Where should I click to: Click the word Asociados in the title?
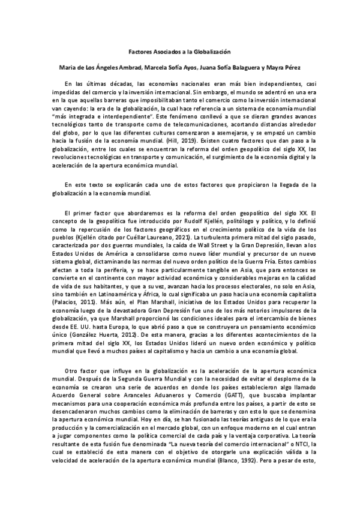point(166,53)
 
